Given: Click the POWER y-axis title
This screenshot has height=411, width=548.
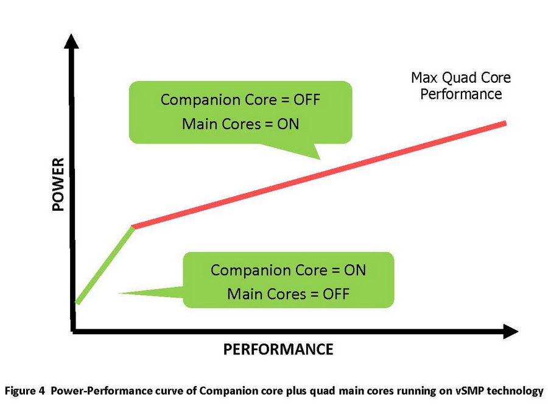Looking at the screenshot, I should (x=58, y=184).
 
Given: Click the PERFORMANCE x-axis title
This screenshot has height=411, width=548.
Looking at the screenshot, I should (x=278, y=349).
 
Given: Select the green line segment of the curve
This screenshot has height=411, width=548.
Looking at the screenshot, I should (x=104, y=264).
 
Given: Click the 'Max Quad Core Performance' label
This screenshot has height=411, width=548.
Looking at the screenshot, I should (x=460, y=86).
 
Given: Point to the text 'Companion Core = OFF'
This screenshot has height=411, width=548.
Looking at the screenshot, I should (x=240, y=99).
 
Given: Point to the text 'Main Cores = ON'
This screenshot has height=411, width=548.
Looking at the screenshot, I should (x=240, y=124).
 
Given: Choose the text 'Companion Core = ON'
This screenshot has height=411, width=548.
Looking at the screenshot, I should (x=288, y=270).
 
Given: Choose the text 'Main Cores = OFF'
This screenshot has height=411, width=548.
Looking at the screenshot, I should (x=288, y=294).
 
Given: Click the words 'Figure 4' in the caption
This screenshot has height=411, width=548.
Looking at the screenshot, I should (x=25, y=391).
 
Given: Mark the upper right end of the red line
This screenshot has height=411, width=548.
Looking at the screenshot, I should (x=505, y=124).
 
